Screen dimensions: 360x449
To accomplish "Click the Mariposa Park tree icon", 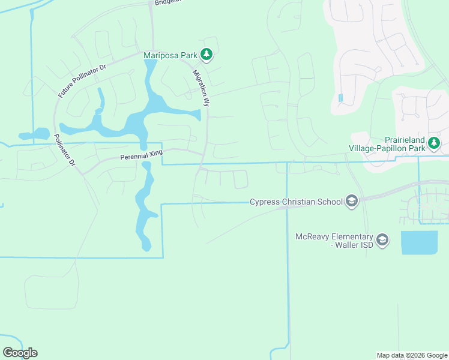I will coord(206,55).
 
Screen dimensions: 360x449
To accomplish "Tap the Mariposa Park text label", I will coord(171,55).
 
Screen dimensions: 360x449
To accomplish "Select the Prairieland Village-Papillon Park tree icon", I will coord(434,143).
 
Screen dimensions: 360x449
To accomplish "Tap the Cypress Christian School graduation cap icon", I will coord(352,202).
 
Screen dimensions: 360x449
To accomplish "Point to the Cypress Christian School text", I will coord(296,202).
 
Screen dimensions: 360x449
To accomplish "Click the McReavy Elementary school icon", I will coord(383,241).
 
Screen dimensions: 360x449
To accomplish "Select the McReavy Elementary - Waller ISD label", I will coord(334,241).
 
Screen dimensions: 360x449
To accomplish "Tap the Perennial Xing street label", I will coord(141,155).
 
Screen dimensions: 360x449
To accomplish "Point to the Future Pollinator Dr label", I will coord(82,80).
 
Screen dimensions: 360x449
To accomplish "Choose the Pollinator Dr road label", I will coord(64,150).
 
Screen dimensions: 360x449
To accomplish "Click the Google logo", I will coord(20,353).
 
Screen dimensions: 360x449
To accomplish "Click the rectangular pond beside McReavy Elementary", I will coord(419,243).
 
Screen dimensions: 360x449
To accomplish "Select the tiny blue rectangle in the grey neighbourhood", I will coord(341,98).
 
